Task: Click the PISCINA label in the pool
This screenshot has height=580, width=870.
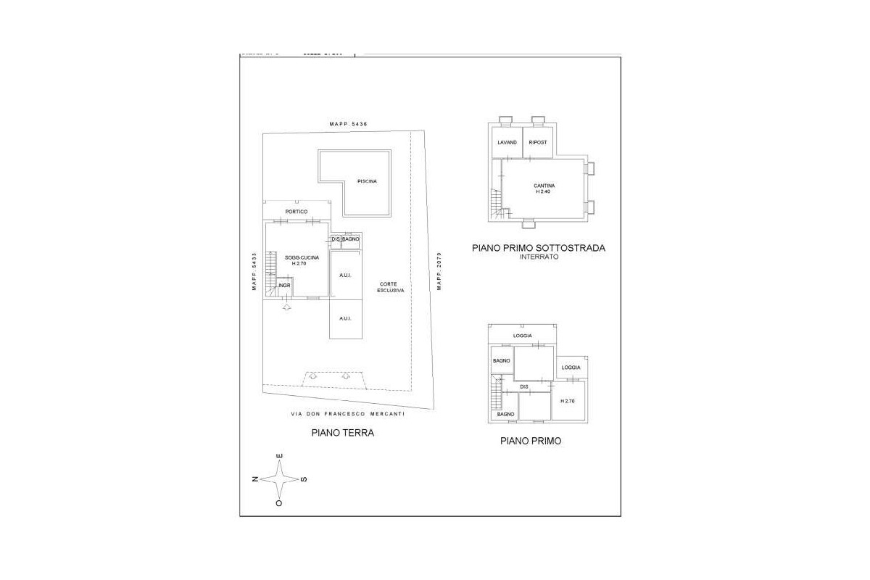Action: click(368, 181)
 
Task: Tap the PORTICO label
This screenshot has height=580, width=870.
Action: click(297, 212)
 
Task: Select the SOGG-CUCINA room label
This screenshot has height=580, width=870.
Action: click(297, 260)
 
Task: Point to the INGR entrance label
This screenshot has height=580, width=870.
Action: click(283, 285)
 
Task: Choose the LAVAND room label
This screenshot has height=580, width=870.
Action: click(507, 142)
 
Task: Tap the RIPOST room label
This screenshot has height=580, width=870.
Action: click(538, 142)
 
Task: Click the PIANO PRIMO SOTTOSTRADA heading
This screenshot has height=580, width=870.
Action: click(538, 248)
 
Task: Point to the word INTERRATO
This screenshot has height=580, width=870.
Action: click(539, 257)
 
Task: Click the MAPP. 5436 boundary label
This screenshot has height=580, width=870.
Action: click(349, 125)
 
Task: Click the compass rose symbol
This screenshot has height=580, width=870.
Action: click(280, 479)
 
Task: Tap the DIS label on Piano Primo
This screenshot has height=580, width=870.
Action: click(524, 387)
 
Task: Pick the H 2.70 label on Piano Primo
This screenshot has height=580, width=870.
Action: click(567, 401)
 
